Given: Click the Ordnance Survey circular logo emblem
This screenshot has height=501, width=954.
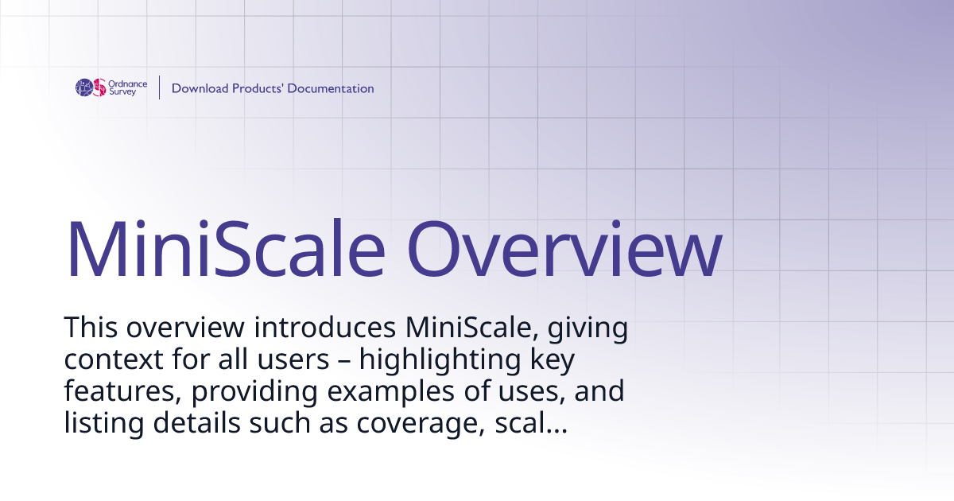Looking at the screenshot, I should (x=91, y=87).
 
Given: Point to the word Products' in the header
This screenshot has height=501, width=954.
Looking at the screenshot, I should (x=258, y=88).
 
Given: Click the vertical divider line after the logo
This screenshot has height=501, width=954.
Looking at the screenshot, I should (x=160, y=87).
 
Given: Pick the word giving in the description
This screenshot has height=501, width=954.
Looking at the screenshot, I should (x=584, y=328).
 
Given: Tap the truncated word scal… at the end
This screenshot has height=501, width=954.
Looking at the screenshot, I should (x=536, y=424).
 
